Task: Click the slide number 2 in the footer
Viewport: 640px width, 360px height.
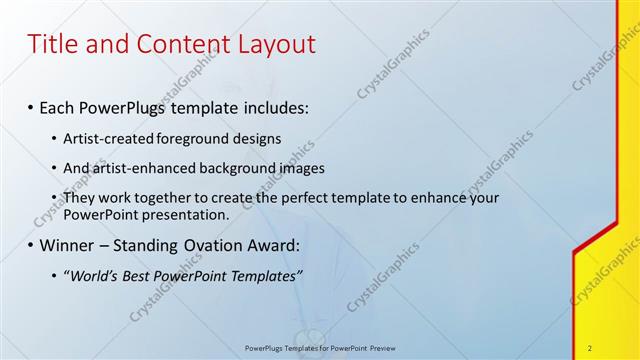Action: click(x=590, y=348)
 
